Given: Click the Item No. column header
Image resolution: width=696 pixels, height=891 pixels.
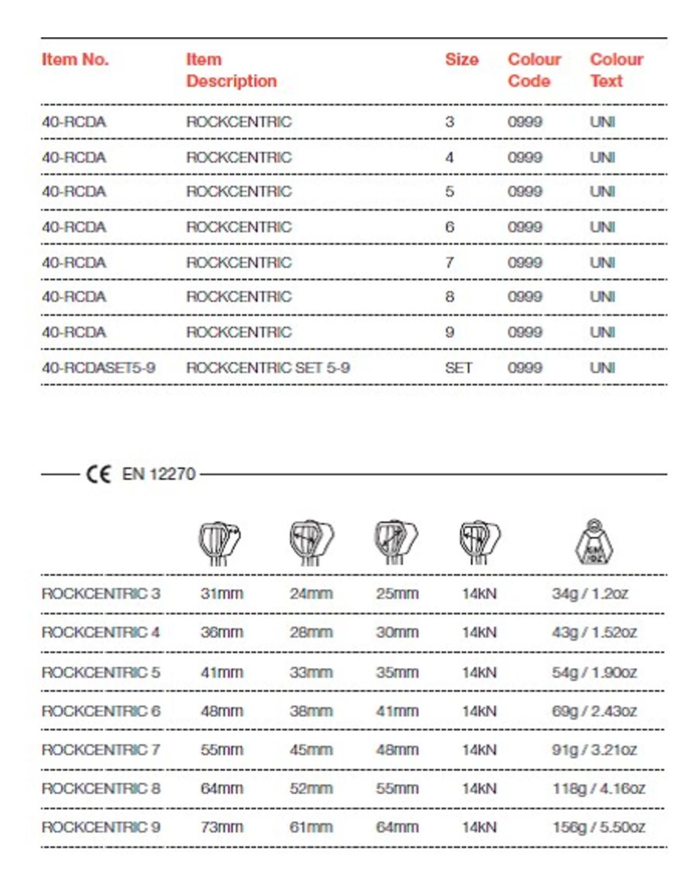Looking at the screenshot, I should [x=75, y=60].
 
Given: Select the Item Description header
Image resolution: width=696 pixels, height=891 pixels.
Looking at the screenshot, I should [x=231, y=70].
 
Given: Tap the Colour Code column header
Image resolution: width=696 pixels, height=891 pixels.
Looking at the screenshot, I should [x=534, y=70].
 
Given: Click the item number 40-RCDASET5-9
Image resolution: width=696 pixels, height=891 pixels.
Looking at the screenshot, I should [x=98, y=368].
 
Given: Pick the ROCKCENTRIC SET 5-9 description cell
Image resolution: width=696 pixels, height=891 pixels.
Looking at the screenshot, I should [x=268, y=368].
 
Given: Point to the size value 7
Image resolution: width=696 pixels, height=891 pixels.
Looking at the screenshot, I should [x=449, y=263].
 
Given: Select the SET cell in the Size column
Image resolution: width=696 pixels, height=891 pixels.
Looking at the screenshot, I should [x=459, y=368].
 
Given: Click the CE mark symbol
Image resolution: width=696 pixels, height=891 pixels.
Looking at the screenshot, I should [x=98, y=474].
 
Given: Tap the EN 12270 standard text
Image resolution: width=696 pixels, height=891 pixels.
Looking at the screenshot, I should [x=159, y=474].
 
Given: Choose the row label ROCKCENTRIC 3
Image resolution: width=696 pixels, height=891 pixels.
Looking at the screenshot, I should [x=101, y=594].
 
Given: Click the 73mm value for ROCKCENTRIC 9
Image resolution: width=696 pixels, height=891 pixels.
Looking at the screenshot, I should [x=222, y=827].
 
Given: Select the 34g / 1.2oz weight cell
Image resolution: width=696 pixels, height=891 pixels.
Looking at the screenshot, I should [x=590, y=594].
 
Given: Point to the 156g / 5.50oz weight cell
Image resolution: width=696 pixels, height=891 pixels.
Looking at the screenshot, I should [x=598, y=827].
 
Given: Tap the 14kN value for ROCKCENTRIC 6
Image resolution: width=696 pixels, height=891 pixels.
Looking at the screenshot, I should [x=479, y=711].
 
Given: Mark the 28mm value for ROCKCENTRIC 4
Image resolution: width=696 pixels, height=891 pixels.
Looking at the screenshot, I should [x=311, y=632].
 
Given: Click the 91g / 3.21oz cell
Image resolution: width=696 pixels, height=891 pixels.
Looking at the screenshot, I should [x=594, y=750].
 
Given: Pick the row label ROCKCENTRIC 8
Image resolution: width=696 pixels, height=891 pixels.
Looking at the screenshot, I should [x=101, y=789].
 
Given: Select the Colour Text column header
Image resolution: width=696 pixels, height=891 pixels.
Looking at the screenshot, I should [x=616, y=70].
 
